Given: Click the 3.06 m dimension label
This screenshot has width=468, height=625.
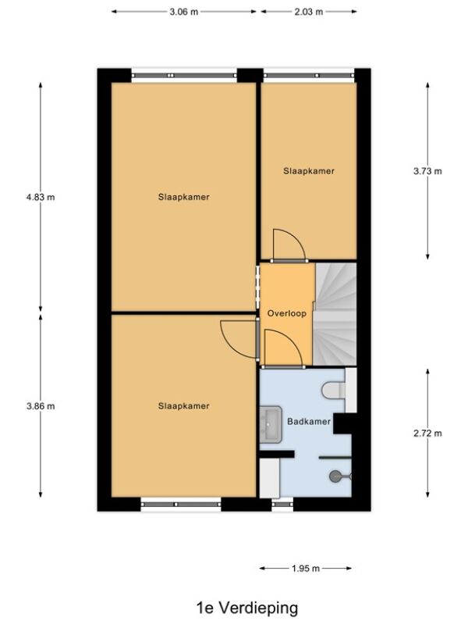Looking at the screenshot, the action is tap(183, 12).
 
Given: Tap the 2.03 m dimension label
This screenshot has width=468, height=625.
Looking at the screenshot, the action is tap(308, 12).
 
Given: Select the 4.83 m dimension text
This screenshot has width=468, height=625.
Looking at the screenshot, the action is tap(41, 197).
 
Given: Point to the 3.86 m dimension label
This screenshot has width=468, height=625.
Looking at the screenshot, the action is tap(41, 406).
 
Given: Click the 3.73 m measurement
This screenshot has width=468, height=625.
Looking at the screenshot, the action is tap(427, 171).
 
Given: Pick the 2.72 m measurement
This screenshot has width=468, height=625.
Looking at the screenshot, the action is tap(427, 434).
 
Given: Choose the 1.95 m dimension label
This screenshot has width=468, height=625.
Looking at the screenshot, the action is tap(306, 569).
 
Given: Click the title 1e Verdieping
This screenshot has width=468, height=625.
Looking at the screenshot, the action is tap(247, 609).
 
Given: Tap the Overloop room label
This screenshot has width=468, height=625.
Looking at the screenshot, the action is tap(287, 313).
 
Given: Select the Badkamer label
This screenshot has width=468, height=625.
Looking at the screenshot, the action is tap(309, 421).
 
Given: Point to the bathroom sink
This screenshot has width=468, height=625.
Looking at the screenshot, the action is tap(271, 425).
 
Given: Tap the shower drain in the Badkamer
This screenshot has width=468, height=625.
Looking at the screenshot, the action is tap(335, 476).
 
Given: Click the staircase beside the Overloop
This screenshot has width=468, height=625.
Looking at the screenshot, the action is tap(335, 314).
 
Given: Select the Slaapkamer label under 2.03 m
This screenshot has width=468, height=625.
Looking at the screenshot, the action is tap(309, 171).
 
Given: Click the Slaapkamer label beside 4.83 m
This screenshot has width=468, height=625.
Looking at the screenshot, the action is tap(184, 197).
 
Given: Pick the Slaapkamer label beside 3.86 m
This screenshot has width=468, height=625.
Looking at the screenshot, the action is tap(184, 406).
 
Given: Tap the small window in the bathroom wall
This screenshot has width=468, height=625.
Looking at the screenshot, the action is tap(282, 504).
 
